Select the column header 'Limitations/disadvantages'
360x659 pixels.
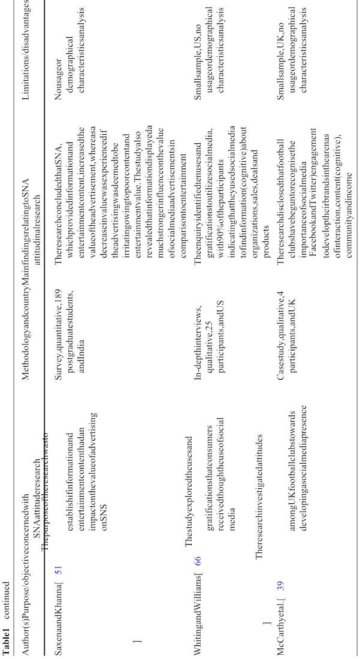tap(26, 43)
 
